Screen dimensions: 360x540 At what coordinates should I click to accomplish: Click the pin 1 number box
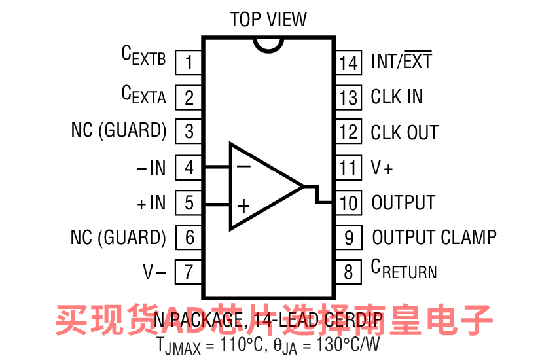coord(189,63)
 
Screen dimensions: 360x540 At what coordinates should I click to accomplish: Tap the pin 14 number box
coord(348,63)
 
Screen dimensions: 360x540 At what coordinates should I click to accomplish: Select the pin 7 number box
coord(189,271)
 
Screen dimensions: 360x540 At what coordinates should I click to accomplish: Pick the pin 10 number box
coord(348,202)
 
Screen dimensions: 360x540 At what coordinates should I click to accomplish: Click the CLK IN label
coord(397,97)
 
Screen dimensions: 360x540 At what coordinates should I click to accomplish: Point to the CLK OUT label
coord(405,132)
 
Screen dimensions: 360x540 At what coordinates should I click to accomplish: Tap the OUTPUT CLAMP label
coord(434,237)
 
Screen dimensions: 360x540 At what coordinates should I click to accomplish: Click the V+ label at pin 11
coord(382,168)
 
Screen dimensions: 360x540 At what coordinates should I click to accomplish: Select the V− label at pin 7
coord(154,272)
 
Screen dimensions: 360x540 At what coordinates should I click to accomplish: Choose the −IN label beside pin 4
coord(151,168)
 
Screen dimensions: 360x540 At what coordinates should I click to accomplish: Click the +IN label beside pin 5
coord(151,203)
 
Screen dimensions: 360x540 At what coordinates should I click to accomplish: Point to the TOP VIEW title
coord(268,20)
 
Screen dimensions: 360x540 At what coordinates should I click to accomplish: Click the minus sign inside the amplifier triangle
coord(243,166)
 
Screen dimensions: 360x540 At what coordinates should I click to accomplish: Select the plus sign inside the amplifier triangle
coord(243,207)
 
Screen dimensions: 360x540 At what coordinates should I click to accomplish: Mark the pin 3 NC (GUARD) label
coord(118,130)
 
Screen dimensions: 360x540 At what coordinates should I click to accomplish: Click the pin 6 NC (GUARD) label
coord(118,237)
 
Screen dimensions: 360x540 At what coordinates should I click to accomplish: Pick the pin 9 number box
coord(348,237)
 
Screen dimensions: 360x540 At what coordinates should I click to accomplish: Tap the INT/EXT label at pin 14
coord(401,62)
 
